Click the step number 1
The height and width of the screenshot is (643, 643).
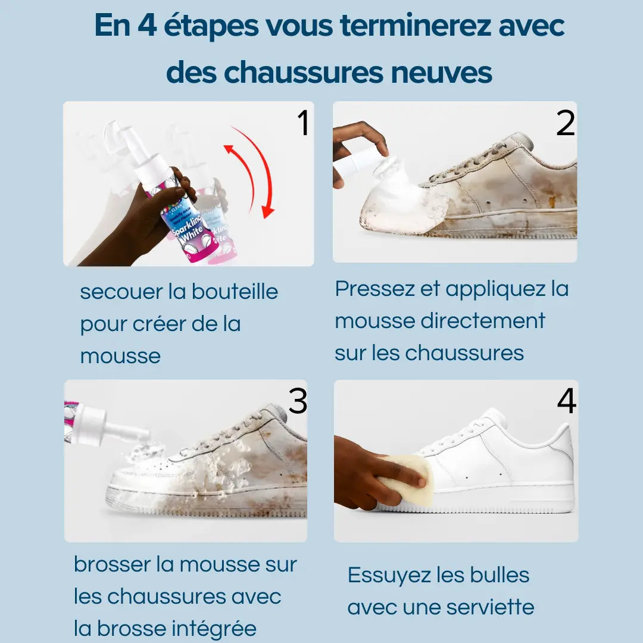point(303,123)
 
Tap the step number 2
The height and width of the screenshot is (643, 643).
point(565,123)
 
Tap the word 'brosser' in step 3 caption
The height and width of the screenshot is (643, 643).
point(112,564)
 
